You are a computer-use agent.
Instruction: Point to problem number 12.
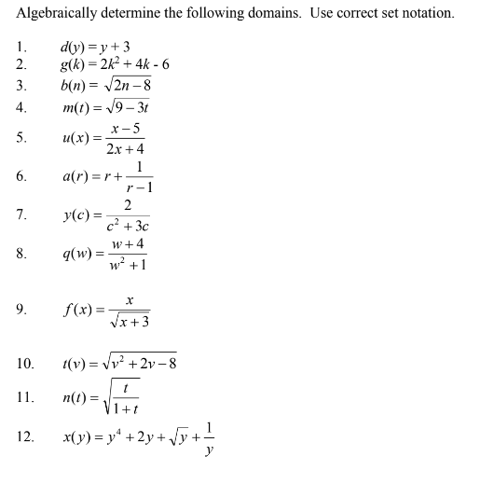coord(26,435)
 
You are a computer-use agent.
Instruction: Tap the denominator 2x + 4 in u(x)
coord(125,149)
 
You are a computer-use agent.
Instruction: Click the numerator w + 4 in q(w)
coord(126,244)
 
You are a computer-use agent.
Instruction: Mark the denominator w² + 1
coord(126,265)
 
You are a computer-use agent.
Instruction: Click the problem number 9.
coord(21,311)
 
